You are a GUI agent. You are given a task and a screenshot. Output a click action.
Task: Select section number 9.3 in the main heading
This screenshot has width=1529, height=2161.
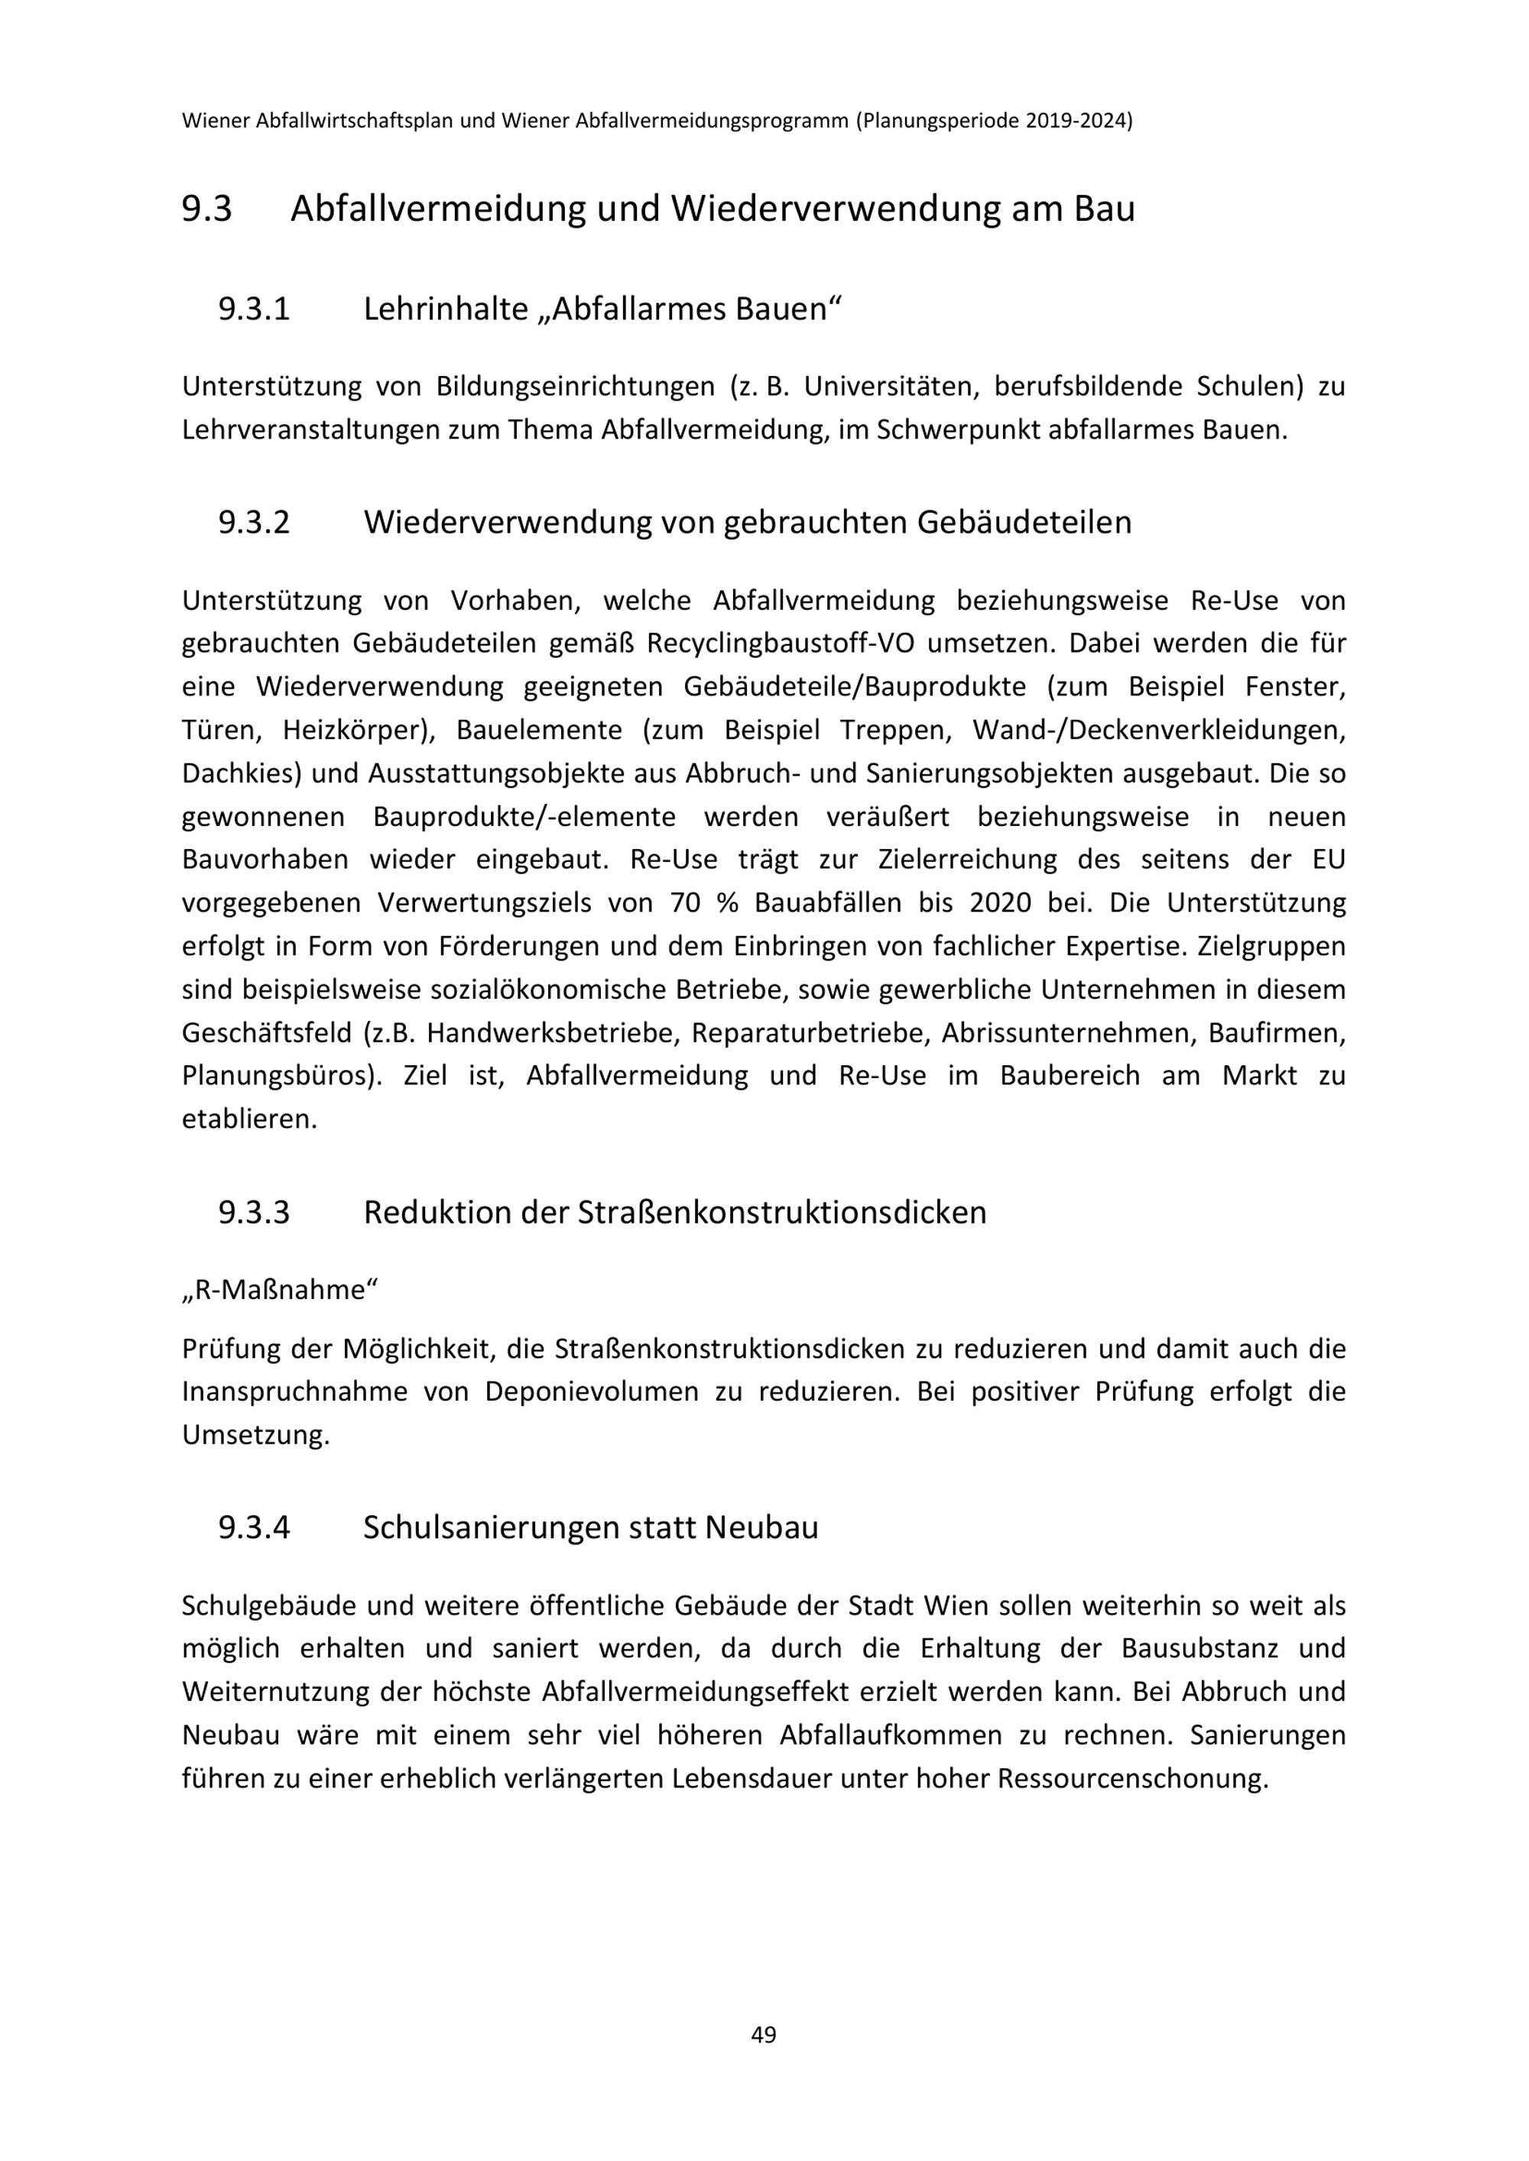point(206,209)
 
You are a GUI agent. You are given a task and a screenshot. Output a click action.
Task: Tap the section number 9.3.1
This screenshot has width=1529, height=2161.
point(255,309)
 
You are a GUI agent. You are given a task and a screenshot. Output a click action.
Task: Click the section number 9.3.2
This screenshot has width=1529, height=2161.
point(255,523)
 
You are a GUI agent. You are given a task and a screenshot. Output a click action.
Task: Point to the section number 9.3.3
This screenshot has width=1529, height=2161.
point(255,1212)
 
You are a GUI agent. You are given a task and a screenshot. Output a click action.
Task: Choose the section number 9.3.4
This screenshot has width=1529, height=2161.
point(255,1527)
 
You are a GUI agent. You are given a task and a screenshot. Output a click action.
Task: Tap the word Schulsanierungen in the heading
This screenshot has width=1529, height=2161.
point(489,1527)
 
